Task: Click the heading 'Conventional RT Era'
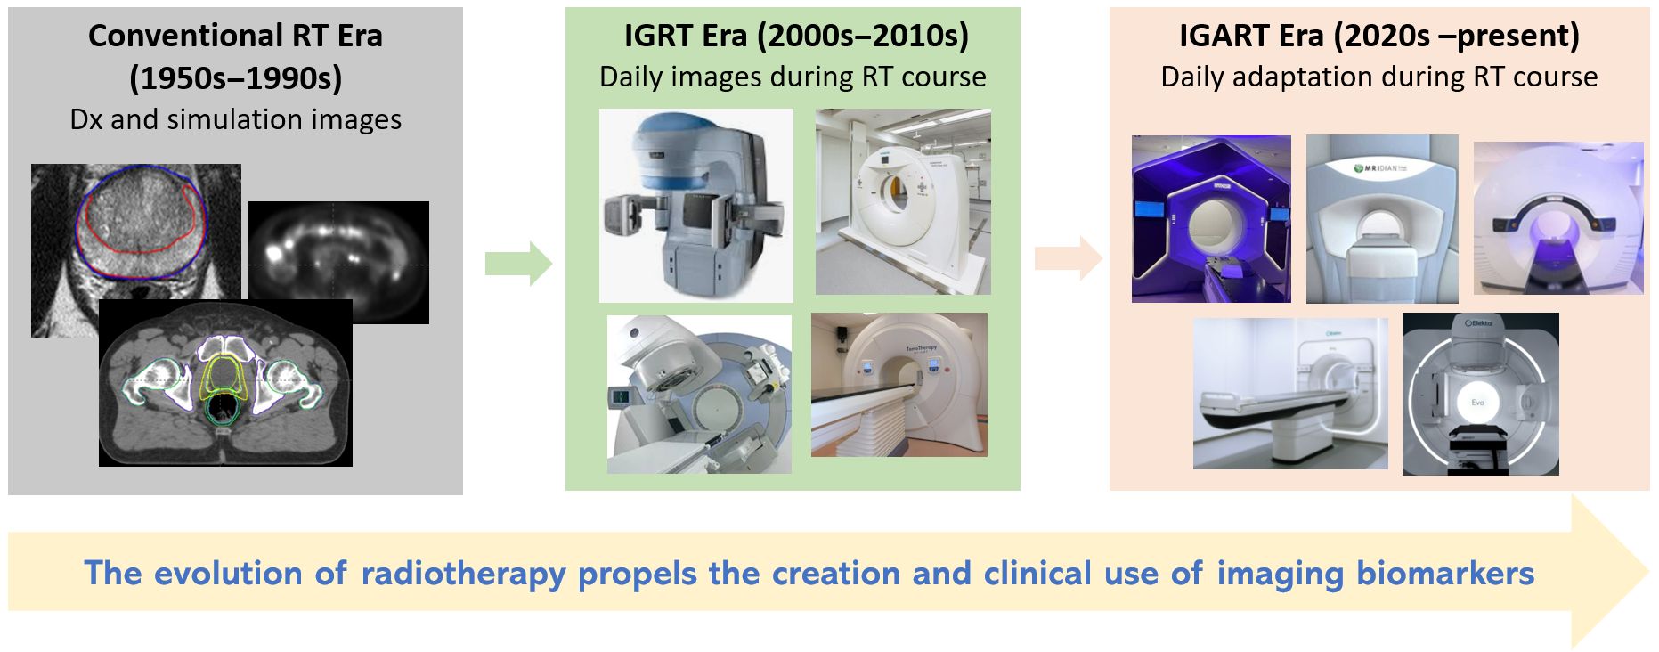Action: click(235, 36)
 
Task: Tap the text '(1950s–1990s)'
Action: click(236, 78)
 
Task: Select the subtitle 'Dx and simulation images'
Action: click(236, 119)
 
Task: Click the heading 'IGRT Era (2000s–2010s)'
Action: click(796, 36)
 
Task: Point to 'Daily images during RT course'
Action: click(793, 77)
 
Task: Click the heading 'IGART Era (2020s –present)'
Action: click(1379, 36)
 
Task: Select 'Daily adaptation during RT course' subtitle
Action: click(1379, 77)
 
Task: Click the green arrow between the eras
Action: click(518, 264)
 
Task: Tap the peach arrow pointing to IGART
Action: click(1069, 258)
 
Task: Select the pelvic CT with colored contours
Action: click(225, 383)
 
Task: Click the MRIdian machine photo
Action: click(1382, 219)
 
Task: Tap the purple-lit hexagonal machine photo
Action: click(1211, 219)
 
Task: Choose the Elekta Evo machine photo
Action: click(1480, 394)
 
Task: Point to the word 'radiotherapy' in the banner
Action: click(463, 575)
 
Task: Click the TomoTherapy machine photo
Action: click(899, 385)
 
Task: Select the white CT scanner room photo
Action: click(903, 202)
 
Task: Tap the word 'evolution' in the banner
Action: click(228, 574)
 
